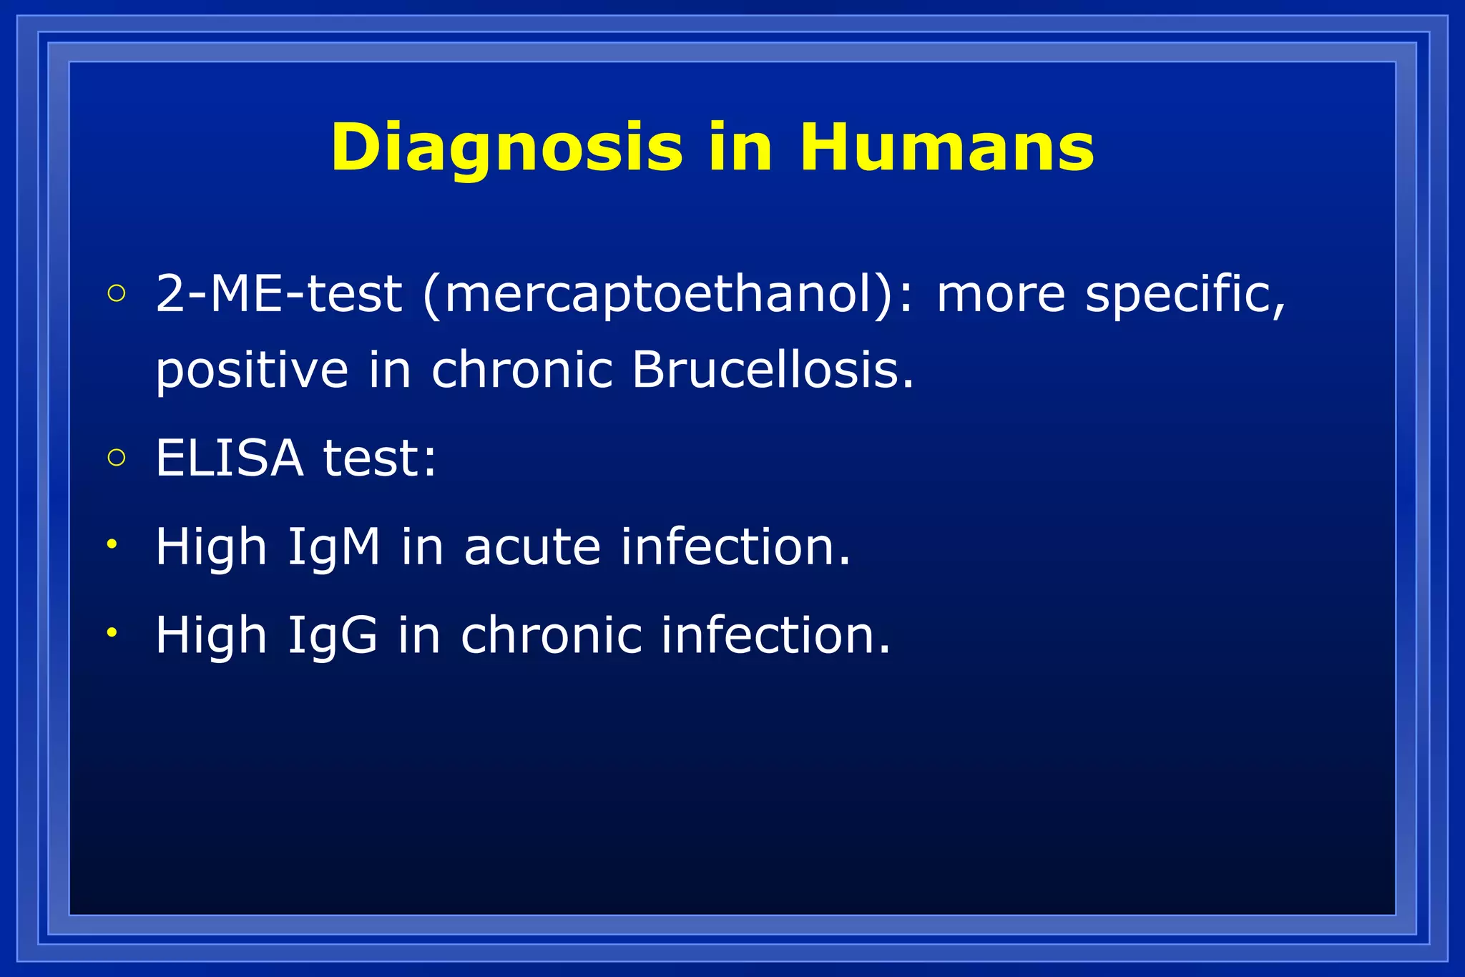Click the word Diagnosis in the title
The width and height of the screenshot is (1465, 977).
click(506, 147)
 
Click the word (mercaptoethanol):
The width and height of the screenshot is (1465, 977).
click(668, 295)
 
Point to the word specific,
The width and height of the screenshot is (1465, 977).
click(1185, 295)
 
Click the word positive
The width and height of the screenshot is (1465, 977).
click(252, 370)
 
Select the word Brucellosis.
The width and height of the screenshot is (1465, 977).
click(773, 370)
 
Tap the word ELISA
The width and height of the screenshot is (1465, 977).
click(229, 458)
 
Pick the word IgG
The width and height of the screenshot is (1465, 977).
click(332, 636)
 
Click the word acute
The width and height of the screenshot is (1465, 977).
click(532, 547)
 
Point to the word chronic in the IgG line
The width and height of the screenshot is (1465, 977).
click(551, 635)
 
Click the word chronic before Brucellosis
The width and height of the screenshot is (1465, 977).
click(522, 370)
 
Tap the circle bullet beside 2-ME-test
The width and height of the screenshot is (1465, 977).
click(116, 293)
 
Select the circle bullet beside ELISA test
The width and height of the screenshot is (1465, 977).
click(116, 457)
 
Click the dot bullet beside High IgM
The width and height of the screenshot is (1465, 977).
click(112, 544)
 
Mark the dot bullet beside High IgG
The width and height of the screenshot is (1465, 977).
click(112, 632)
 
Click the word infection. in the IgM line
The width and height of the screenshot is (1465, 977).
click(735, 547)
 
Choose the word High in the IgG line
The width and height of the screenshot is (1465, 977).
click(211, 635)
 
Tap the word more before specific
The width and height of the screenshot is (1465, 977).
click(1001, 295)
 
